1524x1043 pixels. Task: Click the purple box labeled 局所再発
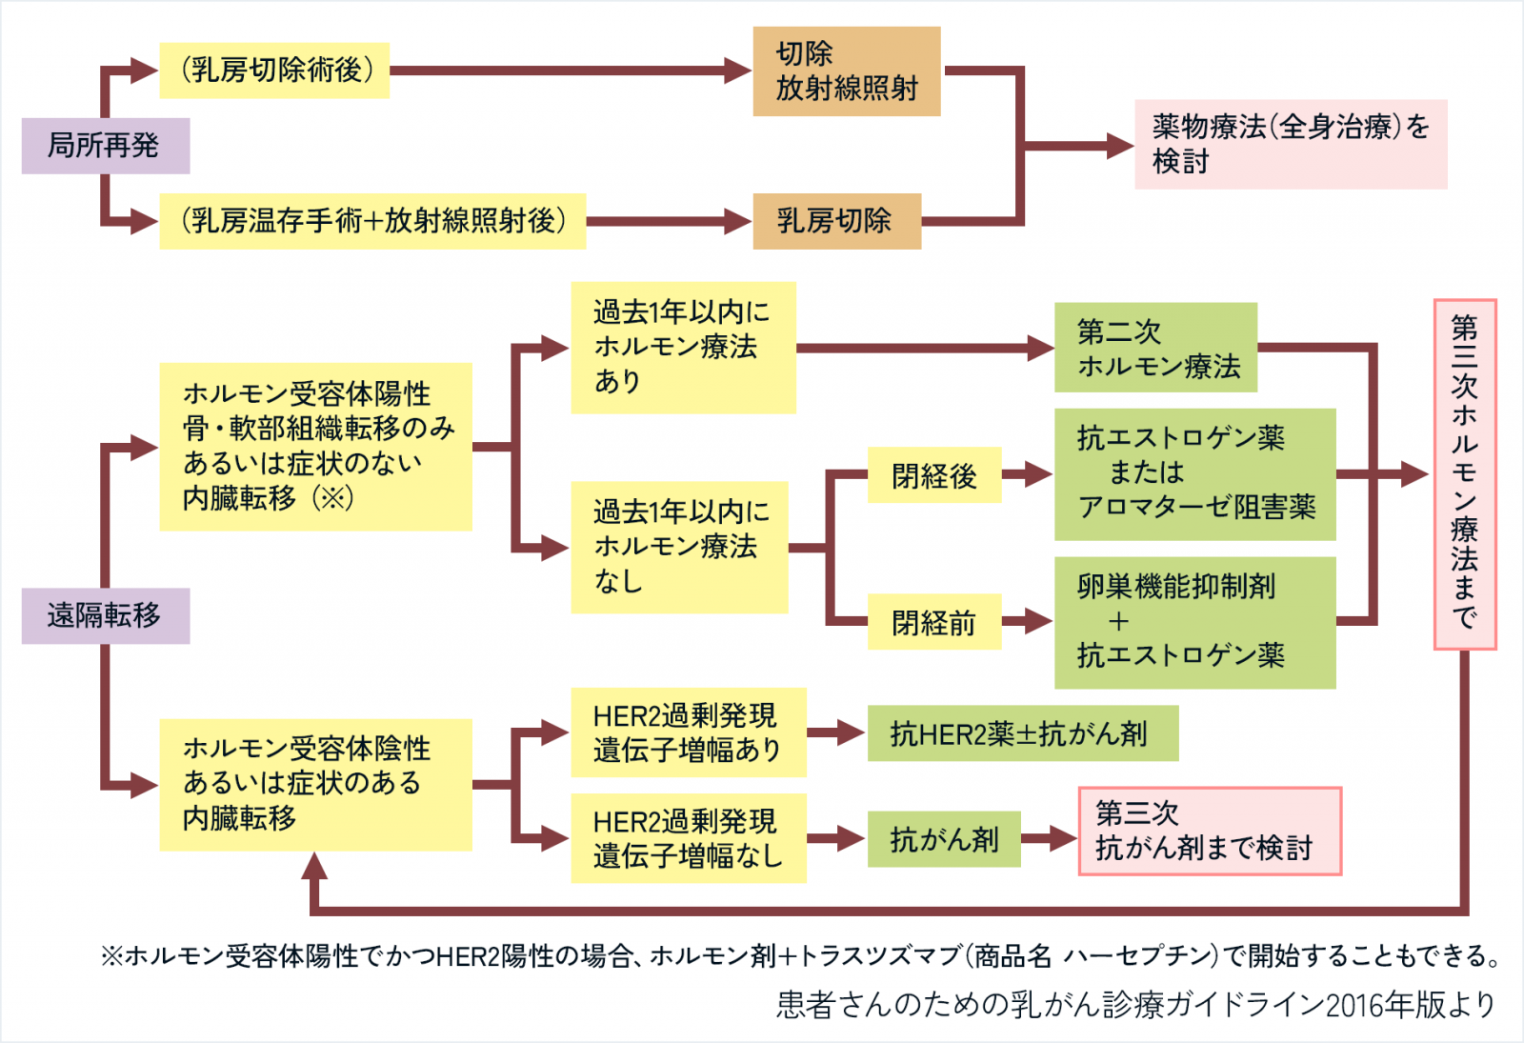click(x=105, y=146)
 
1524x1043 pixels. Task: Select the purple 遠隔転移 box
click(x=105, y=615)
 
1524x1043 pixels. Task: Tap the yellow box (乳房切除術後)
click(x=274, y=70)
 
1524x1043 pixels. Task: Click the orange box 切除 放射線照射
click(x=846, y=71)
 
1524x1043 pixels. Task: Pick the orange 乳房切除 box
click(x=836, y=221)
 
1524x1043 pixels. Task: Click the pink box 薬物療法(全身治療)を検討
click(x=1290, y=144)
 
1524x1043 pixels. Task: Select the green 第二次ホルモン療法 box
click(x=1154, y=348)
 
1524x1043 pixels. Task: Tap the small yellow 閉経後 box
click(x=933, y=474)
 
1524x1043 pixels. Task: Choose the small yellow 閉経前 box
click(x=933, y=622)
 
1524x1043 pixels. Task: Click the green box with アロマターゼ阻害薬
click(x=1194, y=474)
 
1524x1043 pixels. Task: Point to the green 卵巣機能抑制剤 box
click(x=1194, y=622)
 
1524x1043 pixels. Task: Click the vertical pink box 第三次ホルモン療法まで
click(x=1465, y=474)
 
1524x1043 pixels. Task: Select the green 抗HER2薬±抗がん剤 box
click(x=1022, y=733)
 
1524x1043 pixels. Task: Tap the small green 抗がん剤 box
click(x=943, y=839)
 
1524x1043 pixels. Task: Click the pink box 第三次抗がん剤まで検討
click(x=1209, y=831)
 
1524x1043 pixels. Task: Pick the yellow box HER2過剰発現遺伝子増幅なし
click(x=688, y=838)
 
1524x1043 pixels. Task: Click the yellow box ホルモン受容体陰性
click(x=314, y=784)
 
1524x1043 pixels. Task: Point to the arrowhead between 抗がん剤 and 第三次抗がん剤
click(x=1065, y=839)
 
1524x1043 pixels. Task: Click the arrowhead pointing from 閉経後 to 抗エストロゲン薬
click(x=1038, y=474)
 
